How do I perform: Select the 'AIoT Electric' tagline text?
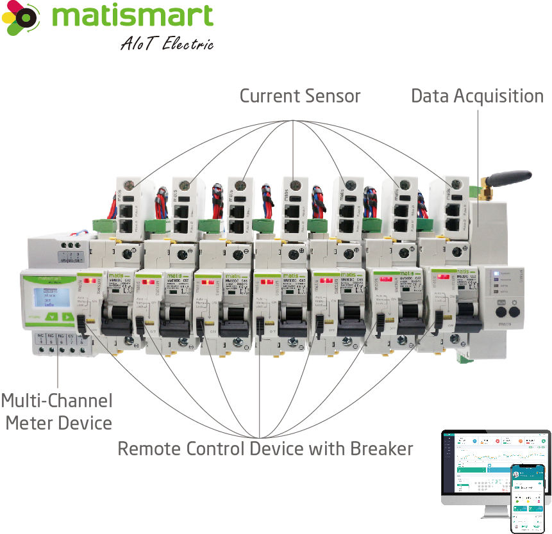(x=166, y=44)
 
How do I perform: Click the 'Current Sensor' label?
(x=300, y=96)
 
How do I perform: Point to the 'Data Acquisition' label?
(x=477, y=96)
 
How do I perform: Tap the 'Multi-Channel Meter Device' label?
(x=56, y=412)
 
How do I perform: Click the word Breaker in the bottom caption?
(x=381, y=448)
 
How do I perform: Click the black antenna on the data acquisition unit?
(x=510, y=179)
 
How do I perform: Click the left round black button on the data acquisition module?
(x=500, y=313)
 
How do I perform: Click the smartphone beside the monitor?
(x=527, y=498)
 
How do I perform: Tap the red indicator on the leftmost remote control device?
(x=88, y=280)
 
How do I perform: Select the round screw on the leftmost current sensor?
(x=129, y=186)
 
